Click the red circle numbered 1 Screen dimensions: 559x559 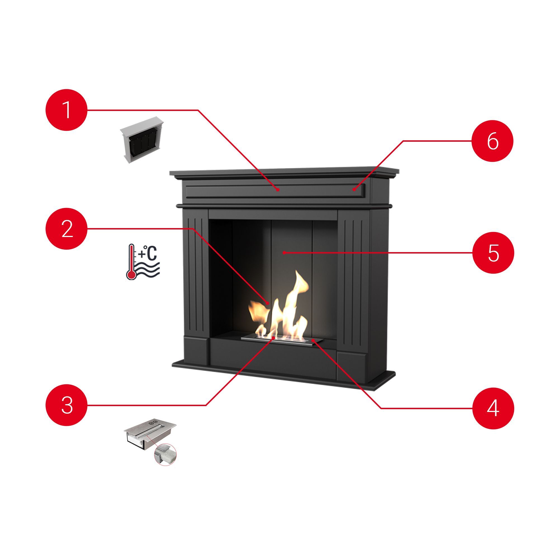[x=67, y=110]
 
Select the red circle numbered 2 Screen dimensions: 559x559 [x=67, y=229]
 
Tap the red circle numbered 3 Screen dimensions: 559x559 [x=67, y=405]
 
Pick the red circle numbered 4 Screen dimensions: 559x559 [x=493, y=408]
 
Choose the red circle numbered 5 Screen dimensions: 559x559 [x=493, y=253]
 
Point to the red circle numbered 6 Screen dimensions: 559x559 [x=493, y=141]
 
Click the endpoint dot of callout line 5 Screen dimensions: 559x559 [x=285, y=253]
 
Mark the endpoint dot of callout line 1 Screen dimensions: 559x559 [x=278, y=190]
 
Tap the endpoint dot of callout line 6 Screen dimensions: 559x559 [x=354, y=190]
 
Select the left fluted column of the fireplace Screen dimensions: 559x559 [x=196, y=273]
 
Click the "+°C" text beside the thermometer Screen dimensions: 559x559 [x=148, y=254]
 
